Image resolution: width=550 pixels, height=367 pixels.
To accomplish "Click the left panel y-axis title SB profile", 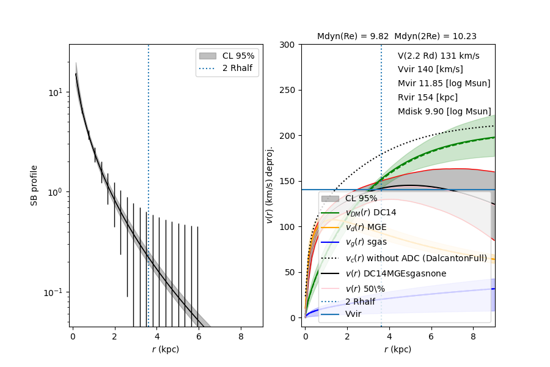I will point(35,185).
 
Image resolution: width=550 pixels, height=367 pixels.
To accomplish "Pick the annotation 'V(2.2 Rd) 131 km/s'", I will point(438,56).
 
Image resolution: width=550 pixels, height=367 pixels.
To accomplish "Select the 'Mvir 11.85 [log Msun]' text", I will point(444,83).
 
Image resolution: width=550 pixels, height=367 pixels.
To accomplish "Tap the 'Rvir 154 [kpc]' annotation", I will point(427,97).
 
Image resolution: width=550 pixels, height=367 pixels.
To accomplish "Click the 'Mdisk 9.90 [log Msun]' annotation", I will point(444,111).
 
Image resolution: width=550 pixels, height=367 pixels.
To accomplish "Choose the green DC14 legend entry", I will point(370,212).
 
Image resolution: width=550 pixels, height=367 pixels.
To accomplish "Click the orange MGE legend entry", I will point(366,227).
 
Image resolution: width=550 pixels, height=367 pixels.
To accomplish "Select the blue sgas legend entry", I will point(365,242).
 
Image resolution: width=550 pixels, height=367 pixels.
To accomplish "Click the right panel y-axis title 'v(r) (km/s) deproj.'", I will point(269,185).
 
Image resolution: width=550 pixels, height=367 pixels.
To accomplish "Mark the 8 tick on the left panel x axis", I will point(240,336).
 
